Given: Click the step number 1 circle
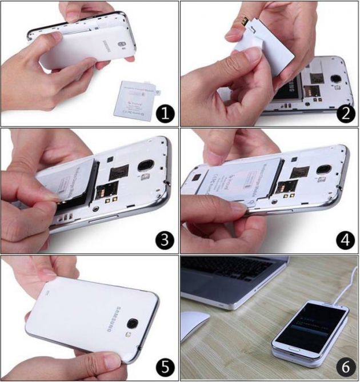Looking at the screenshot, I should point(165,113).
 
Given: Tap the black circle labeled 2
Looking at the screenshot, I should point(345,113).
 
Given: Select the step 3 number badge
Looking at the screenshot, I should point(165,240).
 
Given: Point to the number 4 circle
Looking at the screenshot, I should point(345,240).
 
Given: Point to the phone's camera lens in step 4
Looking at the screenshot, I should point(325,170).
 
